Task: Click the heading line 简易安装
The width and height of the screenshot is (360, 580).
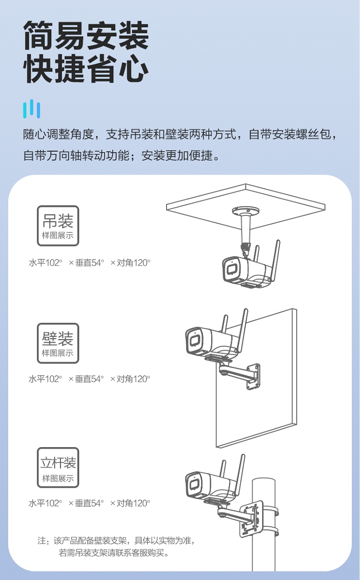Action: (x=86, y=36)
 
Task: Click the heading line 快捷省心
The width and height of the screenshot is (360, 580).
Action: (x=86, y=70)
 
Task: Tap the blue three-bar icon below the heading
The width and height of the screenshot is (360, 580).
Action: (x=32, y=109)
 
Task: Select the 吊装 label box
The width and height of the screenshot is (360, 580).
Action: (x=58, y=225)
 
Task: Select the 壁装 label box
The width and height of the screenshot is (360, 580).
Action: (x=58, y=343)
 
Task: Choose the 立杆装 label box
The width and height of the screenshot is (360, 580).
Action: (x=58, y=467)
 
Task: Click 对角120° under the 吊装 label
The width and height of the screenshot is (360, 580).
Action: (x=130, y=263)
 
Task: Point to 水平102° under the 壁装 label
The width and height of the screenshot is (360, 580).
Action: (x=46, y=379)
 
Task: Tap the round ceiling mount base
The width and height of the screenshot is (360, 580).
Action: (x=246, y=212)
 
